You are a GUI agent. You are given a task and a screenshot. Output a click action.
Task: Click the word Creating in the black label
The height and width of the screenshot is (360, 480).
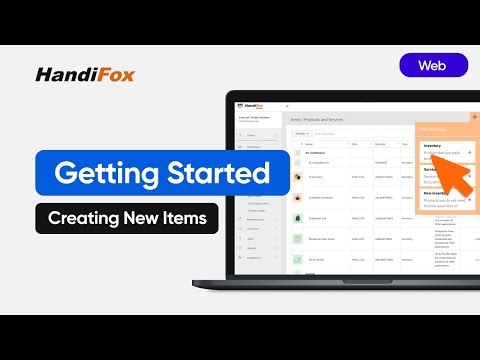[87, 218]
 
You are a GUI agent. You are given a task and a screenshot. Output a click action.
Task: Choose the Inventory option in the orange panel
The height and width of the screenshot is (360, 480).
[433, 147]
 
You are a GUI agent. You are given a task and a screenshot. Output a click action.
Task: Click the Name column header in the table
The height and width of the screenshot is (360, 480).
[310, 143]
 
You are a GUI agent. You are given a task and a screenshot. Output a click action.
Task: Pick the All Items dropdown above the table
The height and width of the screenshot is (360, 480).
[299, 132]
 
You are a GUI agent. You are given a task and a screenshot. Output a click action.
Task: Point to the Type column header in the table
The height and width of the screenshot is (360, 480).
[405, 143]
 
